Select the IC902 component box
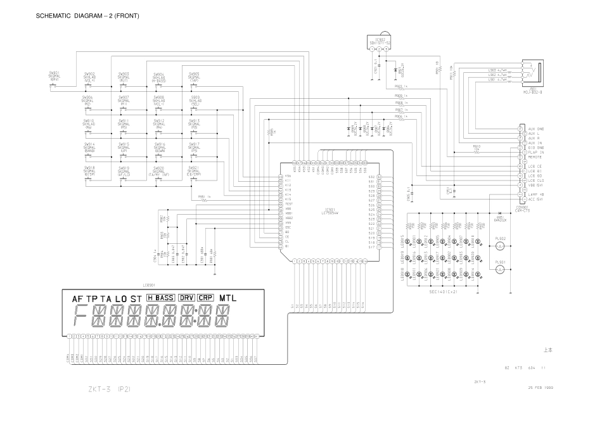(379, 42)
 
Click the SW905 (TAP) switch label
(194, 76)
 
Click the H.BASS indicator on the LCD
(160, 298)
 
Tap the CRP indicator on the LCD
(205, 298)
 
